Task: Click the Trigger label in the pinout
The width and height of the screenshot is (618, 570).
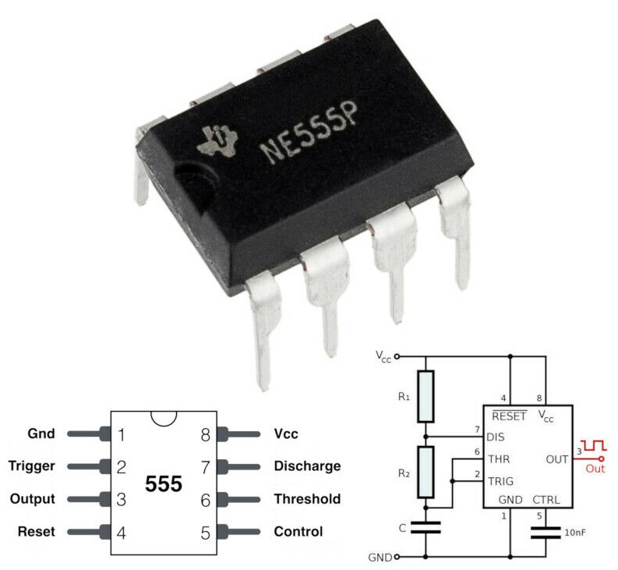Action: click(x=32, y=466)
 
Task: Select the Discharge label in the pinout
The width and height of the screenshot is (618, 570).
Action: click(x=307, y=466)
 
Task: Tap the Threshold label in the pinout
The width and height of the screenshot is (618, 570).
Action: click(x=307, y=499)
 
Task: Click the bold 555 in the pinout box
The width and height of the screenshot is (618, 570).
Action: click(x=164, y=484)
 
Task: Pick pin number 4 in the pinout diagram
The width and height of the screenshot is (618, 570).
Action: click(x=122, y=533)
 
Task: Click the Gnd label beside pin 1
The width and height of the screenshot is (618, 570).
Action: click(x=41, y=434)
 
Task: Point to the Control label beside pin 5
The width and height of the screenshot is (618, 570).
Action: click(x=298, y=532)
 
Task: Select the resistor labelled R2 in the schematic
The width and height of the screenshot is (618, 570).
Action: click(x=426, y=472)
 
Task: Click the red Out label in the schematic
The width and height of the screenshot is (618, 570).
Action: click(x=595, y=469)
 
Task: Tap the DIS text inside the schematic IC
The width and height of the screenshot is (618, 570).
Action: click(x=496, y=437)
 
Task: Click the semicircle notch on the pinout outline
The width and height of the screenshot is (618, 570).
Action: click(x=164, y=417)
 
